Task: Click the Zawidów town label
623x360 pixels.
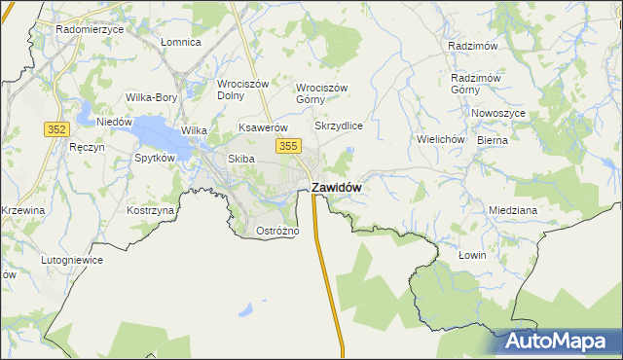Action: point(337,187)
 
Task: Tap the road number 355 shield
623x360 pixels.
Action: point(287,146)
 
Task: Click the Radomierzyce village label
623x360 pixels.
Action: point(90,29)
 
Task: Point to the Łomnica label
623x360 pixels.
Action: point(180,42)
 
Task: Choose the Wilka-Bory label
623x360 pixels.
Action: point(151,97)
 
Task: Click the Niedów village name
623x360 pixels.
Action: point(114,122)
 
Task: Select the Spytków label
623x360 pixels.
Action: point(155,158)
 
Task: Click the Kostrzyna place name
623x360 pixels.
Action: point(150,210)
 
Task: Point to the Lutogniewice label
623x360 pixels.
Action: point(72,261)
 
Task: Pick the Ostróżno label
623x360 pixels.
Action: point(277,231)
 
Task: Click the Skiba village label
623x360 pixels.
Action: point(240,159)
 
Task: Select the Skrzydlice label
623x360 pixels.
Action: point(339,126)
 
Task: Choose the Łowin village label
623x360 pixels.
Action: point(471,255)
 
